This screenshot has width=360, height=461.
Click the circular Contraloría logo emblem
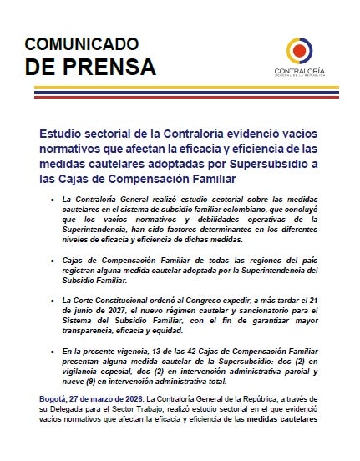coord(302,51)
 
